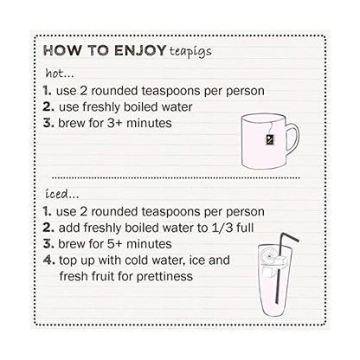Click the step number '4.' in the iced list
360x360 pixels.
pyautogui.click(x=48, y=260)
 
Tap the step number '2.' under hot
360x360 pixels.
pyautogui.click(x=48, y=106)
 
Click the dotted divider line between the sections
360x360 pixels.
pyautogui.click(x=173, y=177)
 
